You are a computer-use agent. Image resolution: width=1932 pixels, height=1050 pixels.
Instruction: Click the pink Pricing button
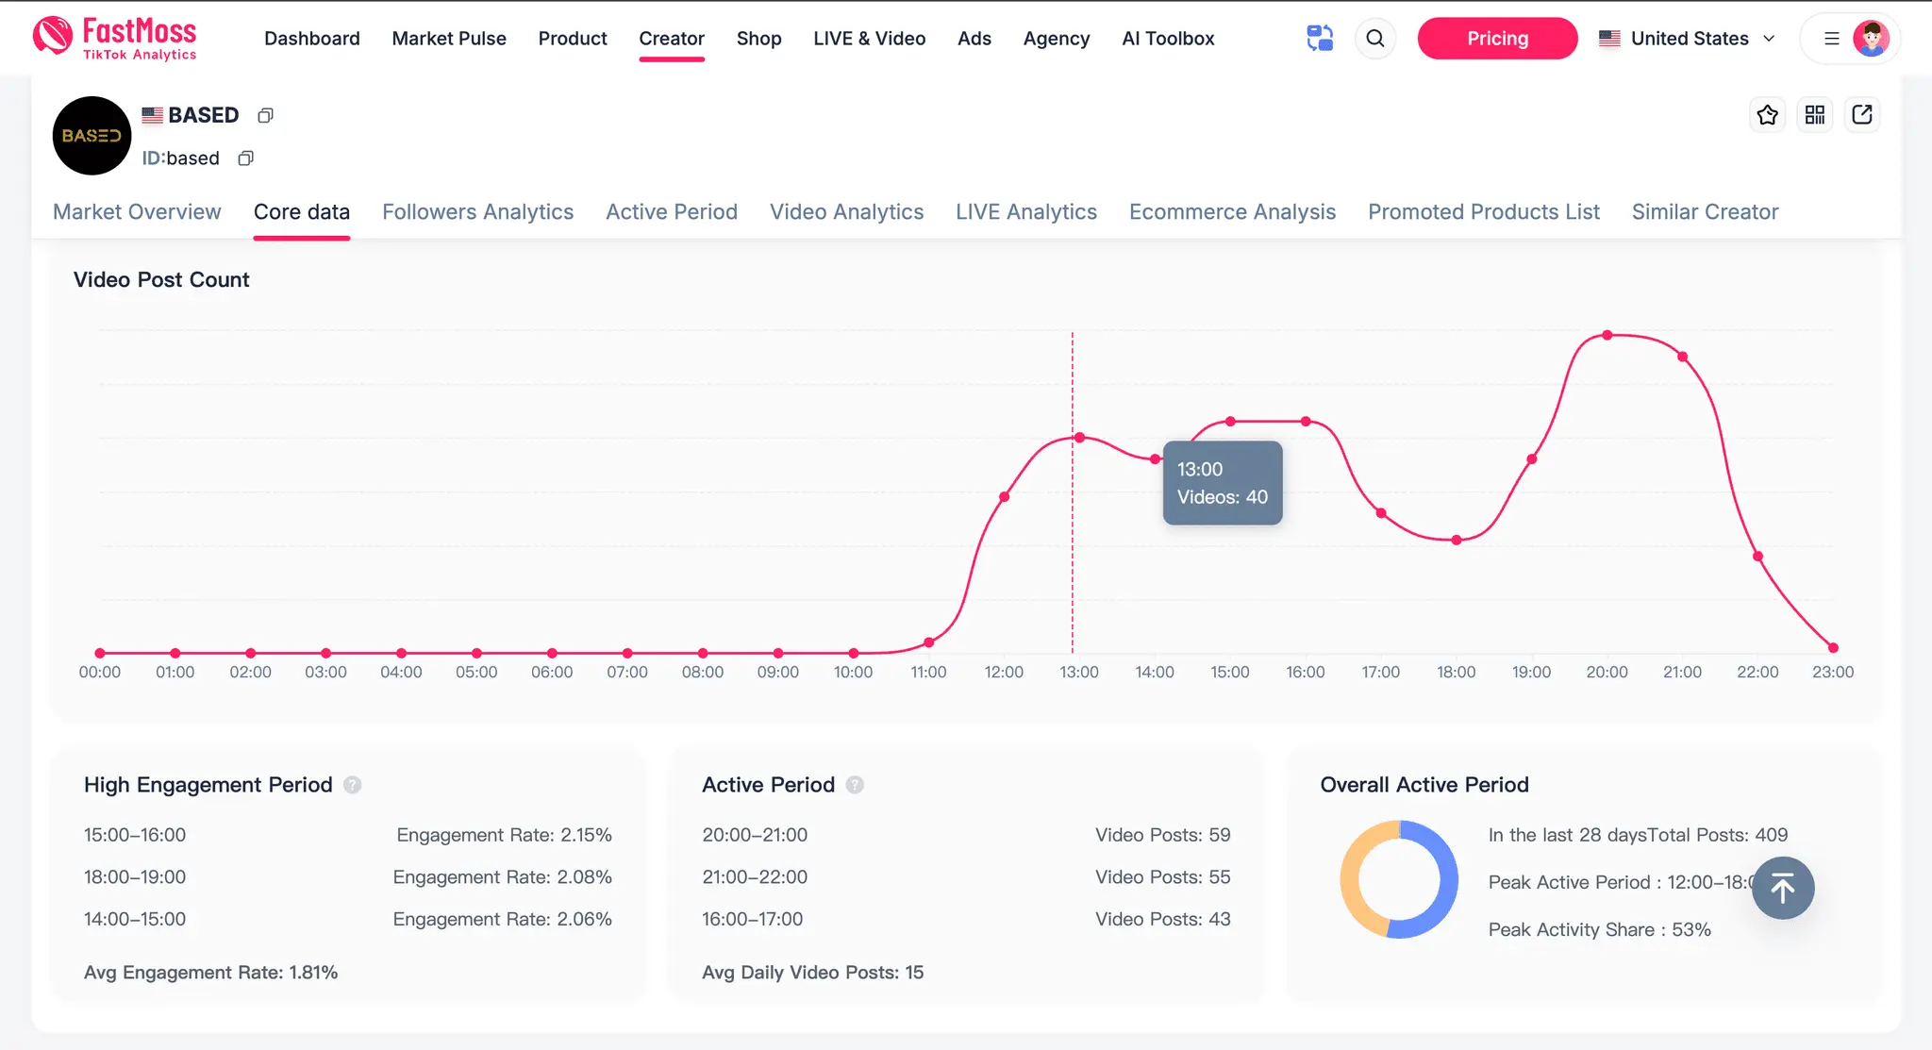(x=1497, y=39)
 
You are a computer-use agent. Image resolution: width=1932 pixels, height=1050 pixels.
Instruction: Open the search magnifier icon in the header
(x=1375, y=39)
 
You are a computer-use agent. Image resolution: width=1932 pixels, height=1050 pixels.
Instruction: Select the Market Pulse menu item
(x=449, y=39)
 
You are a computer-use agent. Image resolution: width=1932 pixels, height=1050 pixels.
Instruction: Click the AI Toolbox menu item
(x=1168, y=39)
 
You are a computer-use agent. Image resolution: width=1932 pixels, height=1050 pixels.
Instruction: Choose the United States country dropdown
(x=1688, y=39)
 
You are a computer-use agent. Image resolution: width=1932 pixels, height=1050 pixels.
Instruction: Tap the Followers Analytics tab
(x=477, y=212)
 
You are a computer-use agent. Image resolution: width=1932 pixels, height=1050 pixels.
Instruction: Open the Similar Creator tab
(x=1705, y=212)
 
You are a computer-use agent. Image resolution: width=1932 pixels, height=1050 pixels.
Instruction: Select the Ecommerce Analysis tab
(x=1232, y=212)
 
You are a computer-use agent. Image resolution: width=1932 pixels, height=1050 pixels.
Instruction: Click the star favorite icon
(x=1767, y=115)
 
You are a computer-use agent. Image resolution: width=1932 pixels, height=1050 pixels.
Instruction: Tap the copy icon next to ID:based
(x=245, y=158)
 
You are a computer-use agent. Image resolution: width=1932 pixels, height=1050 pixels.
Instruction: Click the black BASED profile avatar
(x=92, y=136)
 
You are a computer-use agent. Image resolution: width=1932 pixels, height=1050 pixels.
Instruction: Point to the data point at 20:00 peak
(x=1607, y=335)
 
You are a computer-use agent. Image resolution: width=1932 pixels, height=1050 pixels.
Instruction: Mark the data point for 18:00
(x=1457, y=541)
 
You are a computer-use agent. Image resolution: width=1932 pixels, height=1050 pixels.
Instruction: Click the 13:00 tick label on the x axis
(x=1079, y=673)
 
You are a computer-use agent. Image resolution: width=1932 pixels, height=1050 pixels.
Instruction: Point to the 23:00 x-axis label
(x=1833, y=673)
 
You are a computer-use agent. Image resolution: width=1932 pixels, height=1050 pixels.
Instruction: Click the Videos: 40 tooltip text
(x=1223, y=497)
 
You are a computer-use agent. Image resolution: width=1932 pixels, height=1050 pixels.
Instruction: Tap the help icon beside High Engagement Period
(x=352, y=785)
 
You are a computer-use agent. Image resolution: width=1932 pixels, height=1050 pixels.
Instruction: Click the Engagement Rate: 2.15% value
(x=504, y=835)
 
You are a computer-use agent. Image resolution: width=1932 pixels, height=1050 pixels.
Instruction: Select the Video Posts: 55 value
(x=1162, y=877)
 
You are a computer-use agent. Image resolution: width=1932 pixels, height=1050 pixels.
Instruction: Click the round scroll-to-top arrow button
(x=1783, y=888)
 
